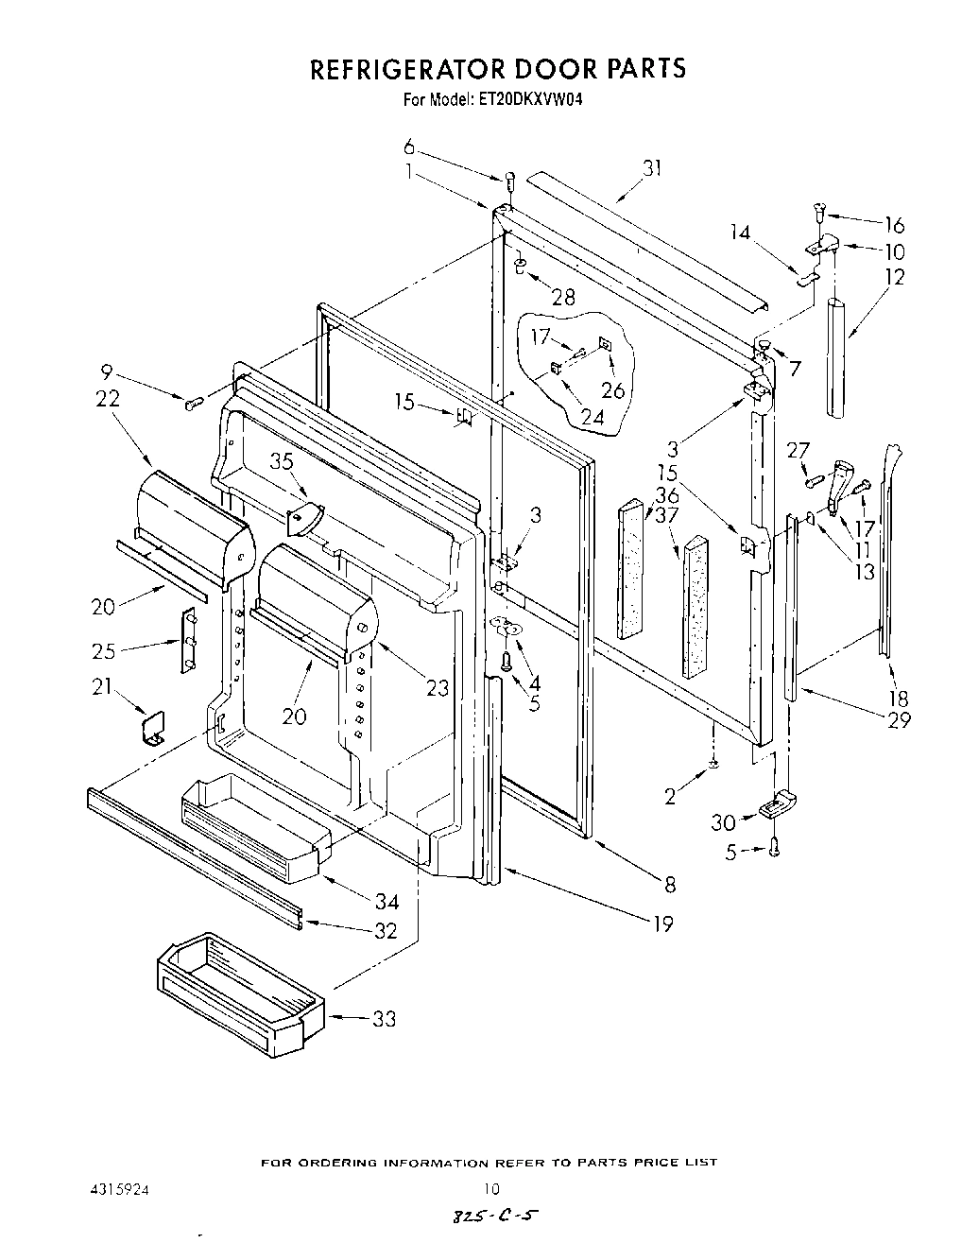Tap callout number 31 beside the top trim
coord(651,168)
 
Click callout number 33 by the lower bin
coord(384,1019)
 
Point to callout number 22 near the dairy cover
coord(108,399)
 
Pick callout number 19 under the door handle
coord(663,924)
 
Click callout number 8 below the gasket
coord(669,885)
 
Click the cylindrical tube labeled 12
coord(835,357)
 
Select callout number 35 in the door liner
coord(283,461)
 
